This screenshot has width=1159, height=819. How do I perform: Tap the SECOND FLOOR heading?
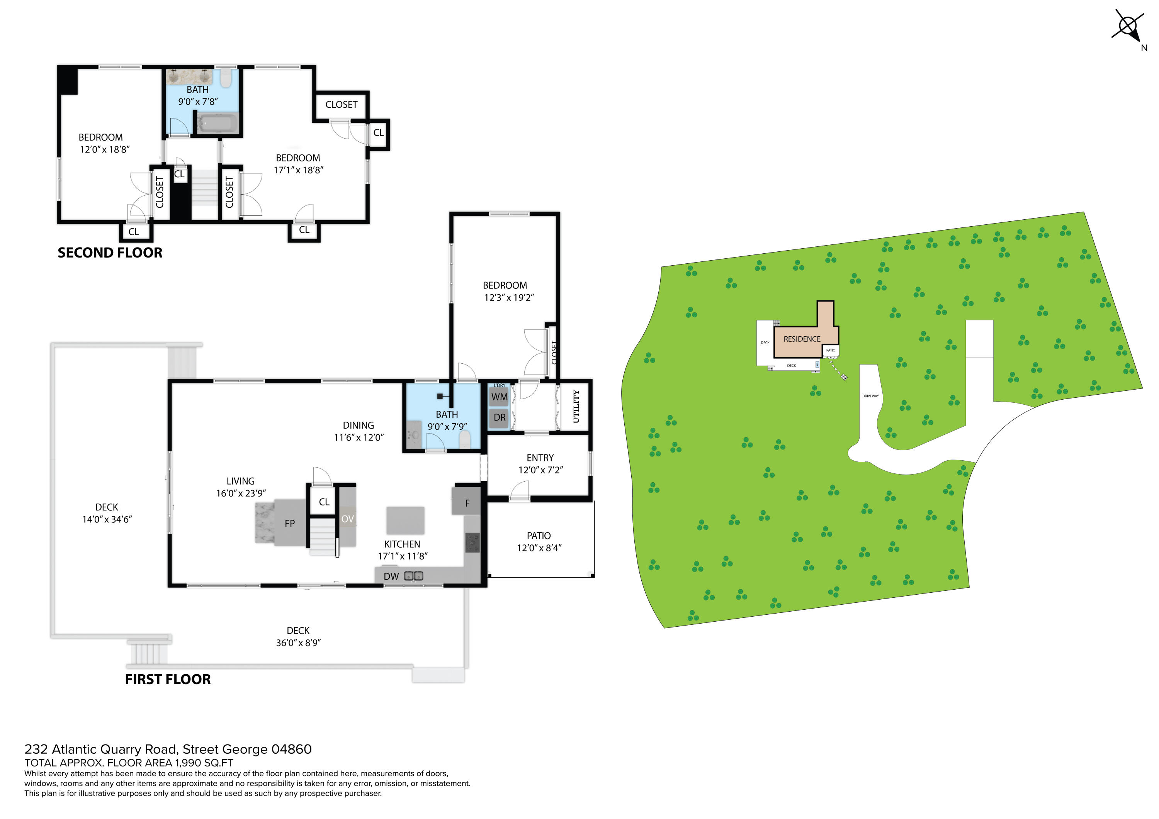[x=110, y=253]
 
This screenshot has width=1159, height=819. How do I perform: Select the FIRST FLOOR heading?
[x=168, y=679]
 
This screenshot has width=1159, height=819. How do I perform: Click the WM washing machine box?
[x=499, y=397]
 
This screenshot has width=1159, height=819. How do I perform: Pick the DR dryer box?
[x=499, y=418]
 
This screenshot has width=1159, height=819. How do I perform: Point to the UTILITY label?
[x=576, y=407]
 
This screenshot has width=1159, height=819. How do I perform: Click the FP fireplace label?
[x=290, y=524]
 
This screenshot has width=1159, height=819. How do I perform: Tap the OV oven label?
[x=347, y=519]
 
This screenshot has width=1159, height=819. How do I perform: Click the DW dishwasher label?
[x=391, y=576]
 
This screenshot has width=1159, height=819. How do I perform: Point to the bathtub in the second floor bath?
[x=217, y=123]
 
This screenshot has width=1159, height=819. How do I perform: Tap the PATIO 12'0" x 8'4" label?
[x=539, y=541]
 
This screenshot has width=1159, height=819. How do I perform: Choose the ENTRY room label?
[x=540, y=458]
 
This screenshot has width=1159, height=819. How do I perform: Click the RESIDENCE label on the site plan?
[x=802, y=339]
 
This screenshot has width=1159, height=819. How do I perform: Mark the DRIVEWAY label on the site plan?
[x=870, y=396]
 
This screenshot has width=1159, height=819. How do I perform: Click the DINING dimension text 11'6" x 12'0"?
[x=359, y=437]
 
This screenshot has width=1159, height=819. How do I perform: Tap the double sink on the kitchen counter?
[x=413, y=576]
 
